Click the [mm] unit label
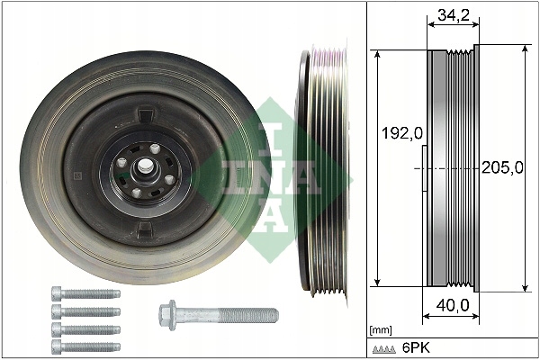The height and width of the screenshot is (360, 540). coord(382,330)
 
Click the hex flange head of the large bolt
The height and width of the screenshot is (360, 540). coord(167,314)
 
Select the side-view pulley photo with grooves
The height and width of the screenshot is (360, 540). coord(322,171)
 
